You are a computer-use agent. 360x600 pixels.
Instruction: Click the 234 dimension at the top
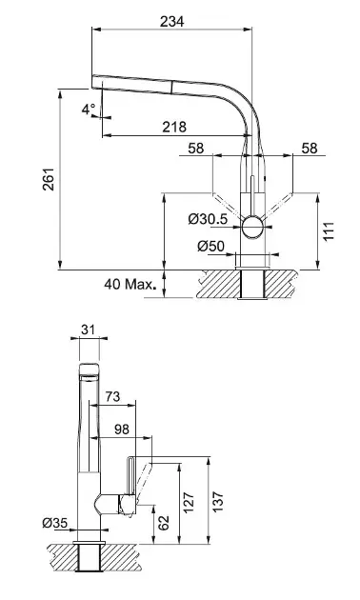click(171, 21)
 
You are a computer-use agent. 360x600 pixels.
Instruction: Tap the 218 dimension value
click(174, 127)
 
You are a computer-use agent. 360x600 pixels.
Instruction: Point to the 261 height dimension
click(49, 179)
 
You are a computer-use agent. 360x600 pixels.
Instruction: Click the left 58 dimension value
click(196, 148)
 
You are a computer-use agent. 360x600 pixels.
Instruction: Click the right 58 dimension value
click(310, 148)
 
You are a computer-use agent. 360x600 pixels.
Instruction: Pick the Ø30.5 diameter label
click(209, 219)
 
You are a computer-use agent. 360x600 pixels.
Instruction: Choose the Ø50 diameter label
click(211, 246)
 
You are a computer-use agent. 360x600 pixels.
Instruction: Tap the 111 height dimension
click(329, 230)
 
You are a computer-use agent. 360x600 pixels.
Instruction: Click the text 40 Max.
click(130, 284)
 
